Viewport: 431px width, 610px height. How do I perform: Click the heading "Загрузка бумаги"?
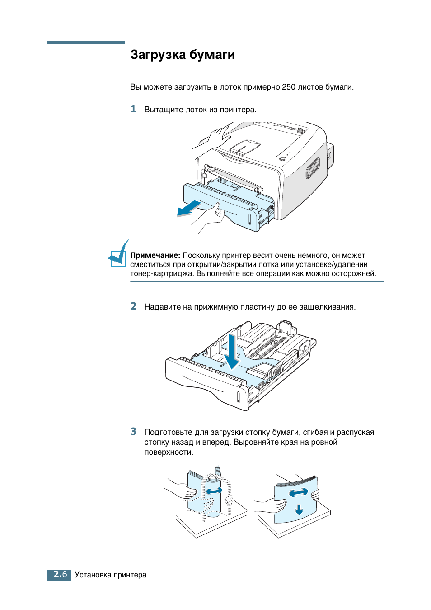pyautogui.click(x=183, y=55)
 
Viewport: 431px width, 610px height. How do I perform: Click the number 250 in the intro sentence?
pyautogui.click(x=288, y=87)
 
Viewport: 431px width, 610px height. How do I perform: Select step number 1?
pyautogui.click(x=133, y=109)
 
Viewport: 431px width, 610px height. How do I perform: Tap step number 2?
pyautogui.click(x=133, y=306)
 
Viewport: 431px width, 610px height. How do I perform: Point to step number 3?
pyautogui.click(x=133, y=432)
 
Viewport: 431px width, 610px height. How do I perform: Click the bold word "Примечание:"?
pyautogui.click(x=155, y=256)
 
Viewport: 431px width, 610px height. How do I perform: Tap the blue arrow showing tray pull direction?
pyautogui.click(x=188, y=209)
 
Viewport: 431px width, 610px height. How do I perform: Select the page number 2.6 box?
pyautogui.click(x=59, y=575)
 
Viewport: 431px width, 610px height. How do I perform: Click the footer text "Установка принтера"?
pyautogui.click(x=111, y=575)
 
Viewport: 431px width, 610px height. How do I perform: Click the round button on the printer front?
pyautogui.click(x=282, y=159)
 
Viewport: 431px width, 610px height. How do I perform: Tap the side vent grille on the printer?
pyautogui.click(x=313, y=168)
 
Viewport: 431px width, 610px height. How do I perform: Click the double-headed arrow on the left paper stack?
pyautogui.click(x=214, y=491)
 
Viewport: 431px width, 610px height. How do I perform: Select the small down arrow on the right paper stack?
pyautogui.click(x=299, y=510)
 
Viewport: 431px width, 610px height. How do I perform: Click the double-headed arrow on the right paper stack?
pyautogui.click(x=298, y=492)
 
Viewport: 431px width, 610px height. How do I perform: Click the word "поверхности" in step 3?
pyautogui.click(x=169, y=452)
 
